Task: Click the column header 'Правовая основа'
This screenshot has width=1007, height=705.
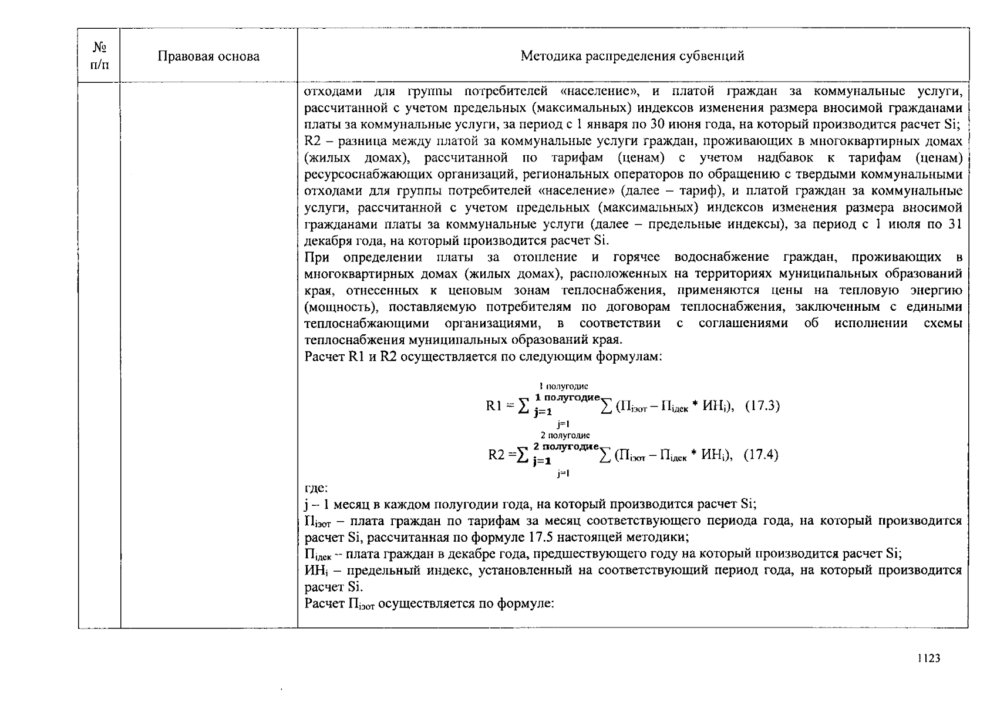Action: [208, 56]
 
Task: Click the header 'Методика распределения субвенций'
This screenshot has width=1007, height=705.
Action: [632, 56]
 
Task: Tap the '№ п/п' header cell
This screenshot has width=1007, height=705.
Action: [99, 55]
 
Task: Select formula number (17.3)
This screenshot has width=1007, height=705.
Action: [762, 405]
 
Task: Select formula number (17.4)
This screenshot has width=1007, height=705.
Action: [760, 455]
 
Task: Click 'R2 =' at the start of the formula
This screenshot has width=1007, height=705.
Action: [500, 455]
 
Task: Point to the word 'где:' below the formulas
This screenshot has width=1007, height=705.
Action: [316, 488]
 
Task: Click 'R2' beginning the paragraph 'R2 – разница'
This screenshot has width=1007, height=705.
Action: [312, 141]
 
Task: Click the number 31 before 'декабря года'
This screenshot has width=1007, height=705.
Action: [955, 224]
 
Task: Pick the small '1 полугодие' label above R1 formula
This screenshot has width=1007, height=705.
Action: [563, 386]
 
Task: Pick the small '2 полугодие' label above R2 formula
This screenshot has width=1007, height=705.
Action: [564, 435]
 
